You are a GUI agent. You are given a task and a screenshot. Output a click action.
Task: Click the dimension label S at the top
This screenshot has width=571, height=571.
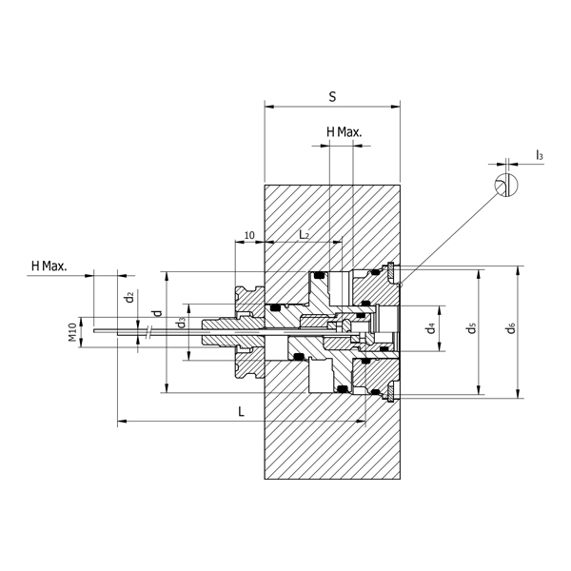tap(331, 96)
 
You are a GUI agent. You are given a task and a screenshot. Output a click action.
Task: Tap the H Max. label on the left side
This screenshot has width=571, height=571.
tap(49, 265)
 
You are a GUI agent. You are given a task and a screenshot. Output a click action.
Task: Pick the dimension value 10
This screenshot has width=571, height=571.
tap(248, 234)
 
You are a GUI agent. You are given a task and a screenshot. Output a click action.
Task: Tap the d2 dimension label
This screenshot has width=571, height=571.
tap(128, 297)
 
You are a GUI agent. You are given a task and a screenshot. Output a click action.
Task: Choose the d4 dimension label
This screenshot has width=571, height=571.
tap(431, 328)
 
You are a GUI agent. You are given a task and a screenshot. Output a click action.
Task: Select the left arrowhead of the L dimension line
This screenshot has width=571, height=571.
tap(121, 421)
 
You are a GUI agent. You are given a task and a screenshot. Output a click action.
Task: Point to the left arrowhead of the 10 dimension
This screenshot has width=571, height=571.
tap(237, 243)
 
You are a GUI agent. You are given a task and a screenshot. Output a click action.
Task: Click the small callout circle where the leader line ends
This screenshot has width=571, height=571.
tap(401, 285)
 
